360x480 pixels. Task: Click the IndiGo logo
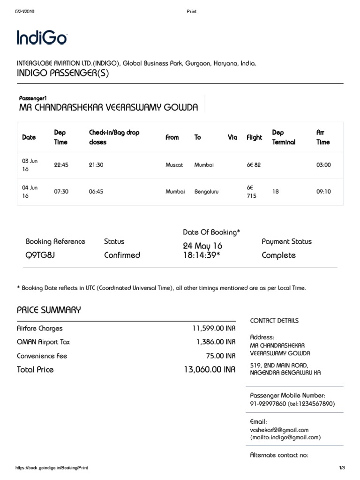point(42,37)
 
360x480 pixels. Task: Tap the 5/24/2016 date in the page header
point(25,12)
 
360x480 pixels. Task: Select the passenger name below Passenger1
point(108,107)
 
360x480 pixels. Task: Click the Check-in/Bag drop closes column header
point(114,137)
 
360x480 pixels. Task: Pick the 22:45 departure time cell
point(61,165)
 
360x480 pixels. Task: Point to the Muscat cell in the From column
point(174,165)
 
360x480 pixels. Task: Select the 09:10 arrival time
point(323,192)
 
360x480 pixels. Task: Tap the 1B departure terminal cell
point(276,192)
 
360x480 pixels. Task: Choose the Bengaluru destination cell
point(206,192)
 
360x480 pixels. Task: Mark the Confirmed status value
point(122,255)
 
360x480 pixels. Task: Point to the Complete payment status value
point(278,255)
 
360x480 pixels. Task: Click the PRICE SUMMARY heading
point(49,310)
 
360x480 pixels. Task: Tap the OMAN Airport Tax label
point(43,342)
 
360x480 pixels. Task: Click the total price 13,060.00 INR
point(210,369)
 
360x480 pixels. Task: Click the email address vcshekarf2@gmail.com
point(279,430)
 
